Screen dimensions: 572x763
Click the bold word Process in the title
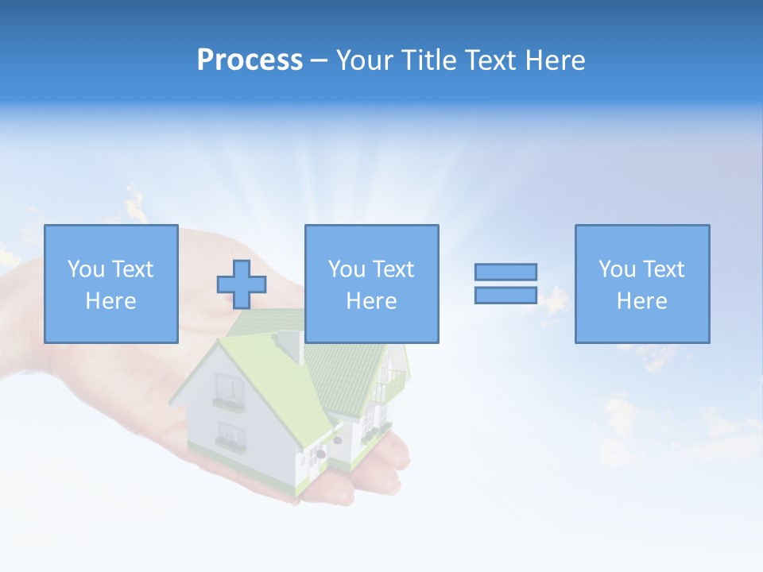click(250, 60)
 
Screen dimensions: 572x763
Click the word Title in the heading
click(428, 60)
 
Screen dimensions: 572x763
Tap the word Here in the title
click(554, 60)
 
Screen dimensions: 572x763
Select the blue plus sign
click(242, 284)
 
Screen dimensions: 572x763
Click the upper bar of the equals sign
click(505, 272)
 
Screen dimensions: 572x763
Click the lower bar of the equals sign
click(505, 295)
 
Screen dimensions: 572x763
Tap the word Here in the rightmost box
click(641, 301)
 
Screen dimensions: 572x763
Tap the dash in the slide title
click(319, 60)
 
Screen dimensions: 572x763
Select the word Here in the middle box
click(371, 301)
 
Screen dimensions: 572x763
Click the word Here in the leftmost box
click(110, 301)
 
